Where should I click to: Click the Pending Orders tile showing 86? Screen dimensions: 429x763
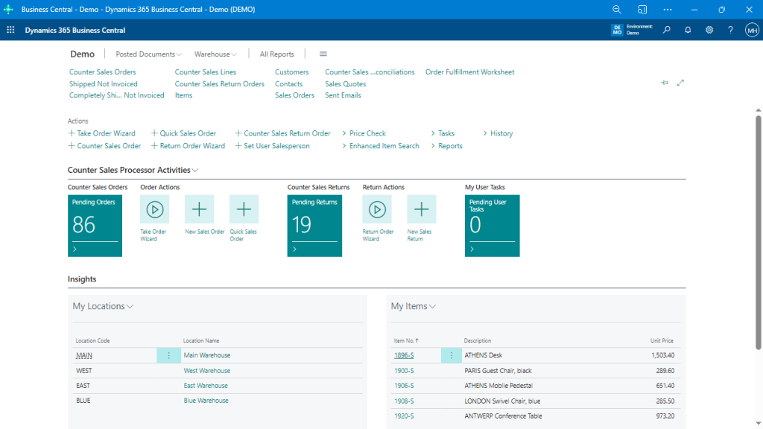click(x=95, y=226)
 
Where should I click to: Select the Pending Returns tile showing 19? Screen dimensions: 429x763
click(x=314, y=226)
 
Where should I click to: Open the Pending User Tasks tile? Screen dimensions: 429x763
click(x=492, y=226)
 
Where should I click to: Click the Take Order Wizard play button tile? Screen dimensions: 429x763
click(x=154, y=209)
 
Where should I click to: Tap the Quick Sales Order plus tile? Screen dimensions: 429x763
click(x=244, y=209)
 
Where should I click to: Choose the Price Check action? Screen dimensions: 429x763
click(x=367, y=133)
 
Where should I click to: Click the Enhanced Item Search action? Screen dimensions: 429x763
click(x=384, y=146)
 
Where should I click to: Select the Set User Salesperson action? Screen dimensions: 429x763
click(x=276, y=146)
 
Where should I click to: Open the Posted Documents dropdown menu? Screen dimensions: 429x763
click(x=148, y=54)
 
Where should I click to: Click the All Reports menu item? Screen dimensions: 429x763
click(x=276, y=54)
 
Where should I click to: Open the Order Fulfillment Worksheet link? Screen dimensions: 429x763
click(x=469, y=72)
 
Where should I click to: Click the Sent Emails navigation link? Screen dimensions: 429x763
click(x=343, y=95)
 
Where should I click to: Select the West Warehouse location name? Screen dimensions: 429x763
click(x=207, y=371)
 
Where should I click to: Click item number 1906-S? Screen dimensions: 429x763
click(x=404, y=386)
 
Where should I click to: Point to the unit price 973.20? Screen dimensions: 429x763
click(x=662, y=416)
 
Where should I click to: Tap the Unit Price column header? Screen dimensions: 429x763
click(x=662, y=340)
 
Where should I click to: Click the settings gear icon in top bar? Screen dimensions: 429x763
click(x=709, y=30)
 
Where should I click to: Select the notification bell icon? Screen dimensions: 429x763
click(x=688, y=30)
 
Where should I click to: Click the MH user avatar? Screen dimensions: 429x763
click(x=752, y=30)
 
